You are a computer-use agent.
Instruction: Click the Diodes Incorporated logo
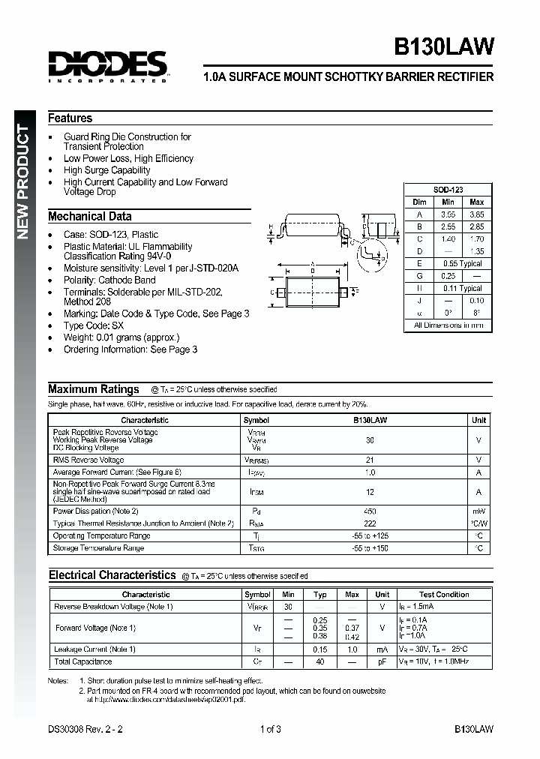click(x=107, y=66)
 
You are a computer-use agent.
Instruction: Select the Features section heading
click(x=70, y=118)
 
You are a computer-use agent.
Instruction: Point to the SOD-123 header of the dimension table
click(x=448, y=190)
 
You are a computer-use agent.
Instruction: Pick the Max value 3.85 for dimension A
click(x=476, y=214)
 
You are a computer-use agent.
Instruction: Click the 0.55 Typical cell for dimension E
click(x=462, y=264)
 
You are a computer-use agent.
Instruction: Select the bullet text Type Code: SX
click(x=94, y=325)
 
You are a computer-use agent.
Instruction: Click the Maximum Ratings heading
click(x=93, y=388)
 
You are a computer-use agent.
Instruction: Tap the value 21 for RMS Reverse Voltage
click(x=370, y=460)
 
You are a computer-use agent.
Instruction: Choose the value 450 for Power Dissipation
click(x=370, y=511)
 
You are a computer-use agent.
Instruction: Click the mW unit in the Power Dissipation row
click(x=478, y=511)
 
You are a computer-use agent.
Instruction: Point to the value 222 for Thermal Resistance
click(x=370, y=523)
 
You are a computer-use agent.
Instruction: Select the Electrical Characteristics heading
click(x=112, y=575)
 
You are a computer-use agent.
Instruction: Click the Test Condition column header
click(x=444, y=594)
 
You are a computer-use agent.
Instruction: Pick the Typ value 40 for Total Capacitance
click(x=320, y=661)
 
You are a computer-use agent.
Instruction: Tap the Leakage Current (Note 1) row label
click(x=94, y=649)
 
